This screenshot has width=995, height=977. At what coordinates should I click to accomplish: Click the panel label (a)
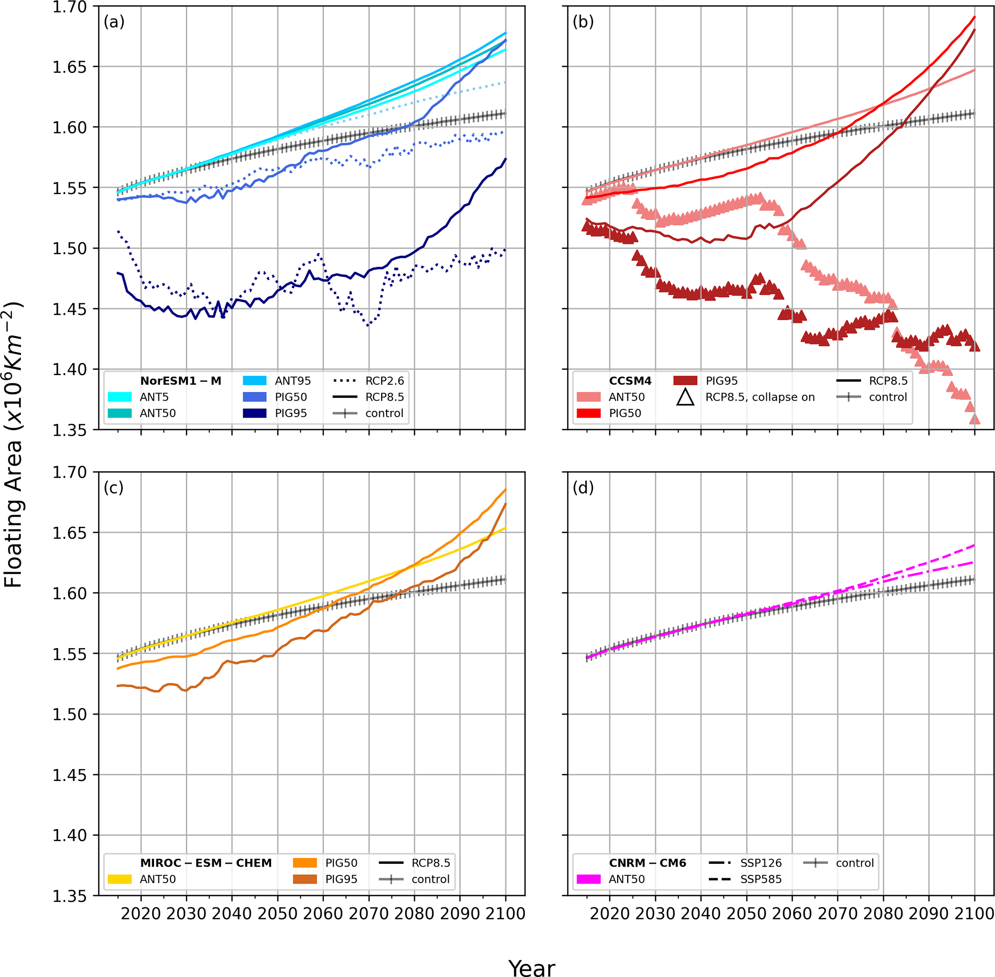114,22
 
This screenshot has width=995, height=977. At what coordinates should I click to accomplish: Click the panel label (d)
583,487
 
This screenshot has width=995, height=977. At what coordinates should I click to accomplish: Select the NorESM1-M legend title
181,381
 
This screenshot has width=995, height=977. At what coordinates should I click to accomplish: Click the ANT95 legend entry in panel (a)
292,381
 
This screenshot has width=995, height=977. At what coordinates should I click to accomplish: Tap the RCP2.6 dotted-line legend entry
384,381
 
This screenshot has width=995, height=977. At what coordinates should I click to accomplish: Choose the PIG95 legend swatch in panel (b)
685,381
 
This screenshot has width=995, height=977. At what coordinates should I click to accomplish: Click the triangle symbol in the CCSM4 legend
685,397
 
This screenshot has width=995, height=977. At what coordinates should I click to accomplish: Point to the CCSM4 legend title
630,381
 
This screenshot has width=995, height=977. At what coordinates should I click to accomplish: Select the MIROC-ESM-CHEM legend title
206,863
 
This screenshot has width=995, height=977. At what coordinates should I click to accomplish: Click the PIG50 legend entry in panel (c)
341,863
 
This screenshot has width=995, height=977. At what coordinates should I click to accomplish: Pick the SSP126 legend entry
761,863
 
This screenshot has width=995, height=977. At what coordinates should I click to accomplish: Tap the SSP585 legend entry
761,879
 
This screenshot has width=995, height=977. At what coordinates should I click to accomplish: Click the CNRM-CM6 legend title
647,863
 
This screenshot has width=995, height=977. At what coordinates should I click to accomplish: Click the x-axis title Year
531,968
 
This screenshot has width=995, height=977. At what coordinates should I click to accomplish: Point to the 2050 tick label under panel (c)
277,914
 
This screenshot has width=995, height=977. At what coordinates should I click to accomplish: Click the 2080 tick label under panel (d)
883,914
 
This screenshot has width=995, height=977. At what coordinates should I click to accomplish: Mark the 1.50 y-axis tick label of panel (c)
69,714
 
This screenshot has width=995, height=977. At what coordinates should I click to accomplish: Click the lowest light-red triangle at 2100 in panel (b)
974,419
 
